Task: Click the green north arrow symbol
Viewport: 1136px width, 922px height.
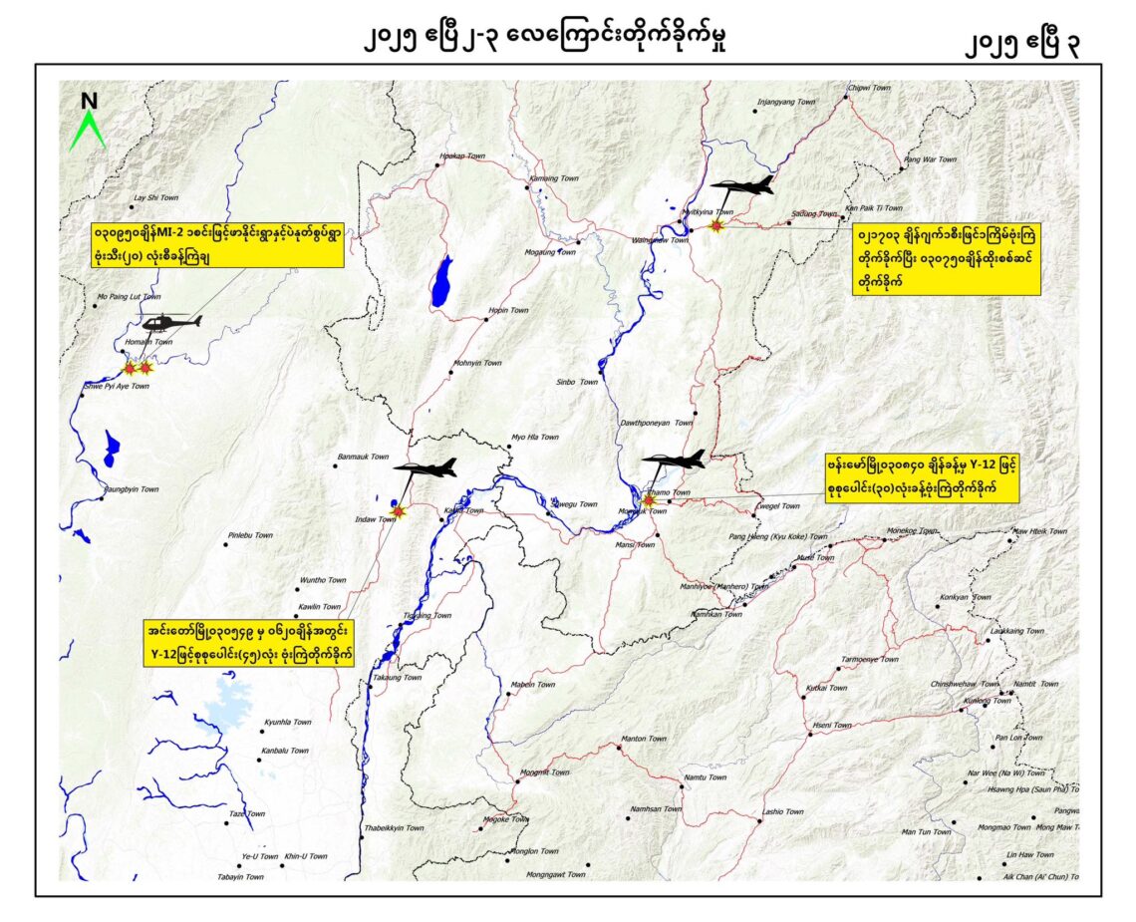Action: pos(88,124)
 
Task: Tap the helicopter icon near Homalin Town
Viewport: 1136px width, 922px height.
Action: pos(170,322)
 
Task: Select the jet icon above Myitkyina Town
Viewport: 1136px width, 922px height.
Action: pos(742,186)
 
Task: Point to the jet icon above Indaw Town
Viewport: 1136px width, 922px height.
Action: pos(426,467)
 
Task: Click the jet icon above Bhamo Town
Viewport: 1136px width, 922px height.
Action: pos(674,460)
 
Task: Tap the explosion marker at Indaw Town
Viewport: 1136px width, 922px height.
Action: pos(400,511)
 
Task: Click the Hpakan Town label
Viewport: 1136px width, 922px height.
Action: pos(461,156)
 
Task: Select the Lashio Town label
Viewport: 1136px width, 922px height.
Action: pos(782,811)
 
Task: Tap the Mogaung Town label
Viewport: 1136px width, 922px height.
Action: pos(551,252)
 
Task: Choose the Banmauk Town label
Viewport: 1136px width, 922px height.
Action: pos(363,456)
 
